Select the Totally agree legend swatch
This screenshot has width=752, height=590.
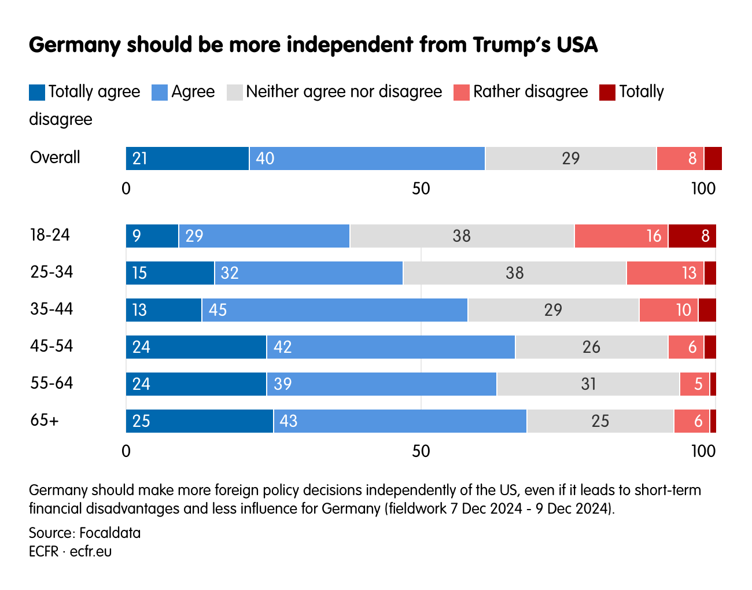tap(37, 93)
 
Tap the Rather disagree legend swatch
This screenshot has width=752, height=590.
tap(461, 93)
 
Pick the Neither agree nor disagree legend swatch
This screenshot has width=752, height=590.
tap(235, 93)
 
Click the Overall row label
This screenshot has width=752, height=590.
tap(55, 158)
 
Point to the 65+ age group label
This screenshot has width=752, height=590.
tap(45, 421)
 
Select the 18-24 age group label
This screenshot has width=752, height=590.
tap(50, 235)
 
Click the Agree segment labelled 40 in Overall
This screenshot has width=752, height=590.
tap(367, 158)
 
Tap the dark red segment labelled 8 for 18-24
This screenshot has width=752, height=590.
tap(692, 236)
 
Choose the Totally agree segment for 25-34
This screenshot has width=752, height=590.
tap(170, 273)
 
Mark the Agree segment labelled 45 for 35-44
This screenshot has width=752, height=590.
tap(334, 310)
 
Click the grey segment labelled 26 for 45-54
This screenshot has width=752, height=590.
tap(591, 347)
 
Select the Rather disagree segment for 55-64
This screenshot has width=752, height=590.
tap(694, 384)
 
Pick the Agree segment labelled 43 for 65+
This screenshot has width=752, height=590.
tap(400, 421)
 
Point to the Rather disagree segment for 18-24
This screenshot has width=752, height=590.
tap(621, 236)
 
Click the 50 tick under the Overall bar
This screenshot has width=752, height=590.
tap(421, 189)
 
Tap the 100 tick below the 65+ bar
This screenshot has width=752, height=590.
tap(703, 452)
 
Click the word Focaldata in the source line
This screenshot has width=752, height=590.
tap(110, 533)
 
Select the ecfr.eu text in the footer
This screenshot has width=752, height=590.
tap(91, 552)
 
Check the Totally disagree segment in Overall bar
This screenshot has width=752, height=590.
tap(713, 158)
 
